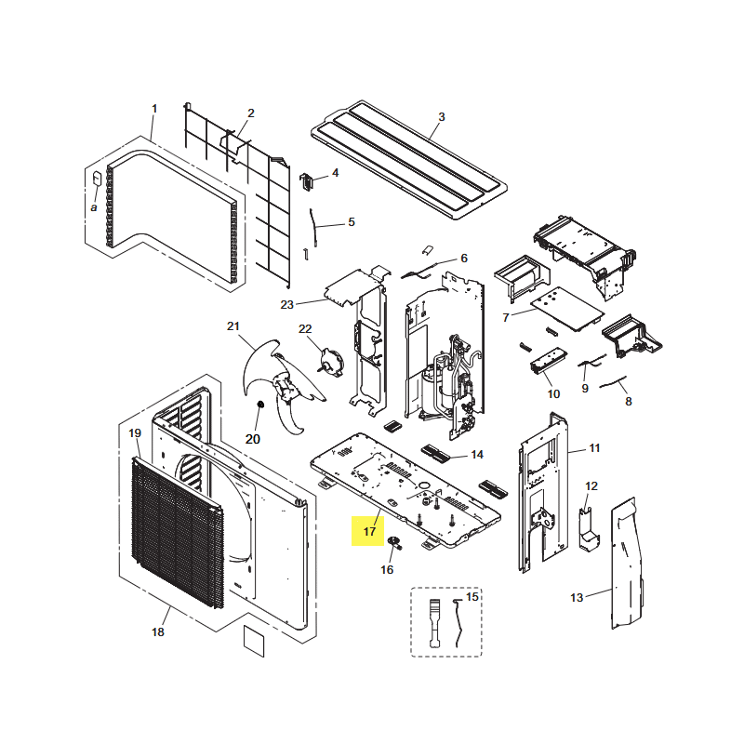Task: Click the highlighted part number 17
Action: tap(369, 531)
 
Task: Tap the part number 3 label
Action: tap(441, 117)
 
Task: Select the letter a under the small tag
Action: tap(94, 207)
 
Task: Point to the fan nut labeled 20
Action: tap(260, 405)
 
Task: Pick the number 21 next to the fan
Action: tap(233, 326)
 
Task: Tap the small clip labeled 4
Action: tap(307, 181)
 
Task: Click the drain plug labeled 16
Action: tap(394, 542)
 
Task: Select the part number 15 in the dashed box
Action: tap(472, 596)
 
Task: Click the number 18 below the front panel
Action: tap(158, 632)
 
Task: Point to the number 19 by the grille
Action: tap(135, 433)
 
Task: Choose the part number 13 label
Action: tap(577, 597)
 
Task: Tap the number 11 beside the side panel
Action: tap(594, 448)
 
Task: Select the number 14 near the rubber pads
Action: tap(477, 455)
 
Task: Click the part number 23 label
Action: tap(287, 305)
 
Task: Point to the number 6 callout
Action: tap(464, 259)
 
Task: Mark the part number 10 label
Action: tap(553, 393)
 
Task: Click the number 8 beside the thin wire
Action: tap(629, 402)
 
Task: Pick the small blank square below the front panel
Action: tap(254, 641)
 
